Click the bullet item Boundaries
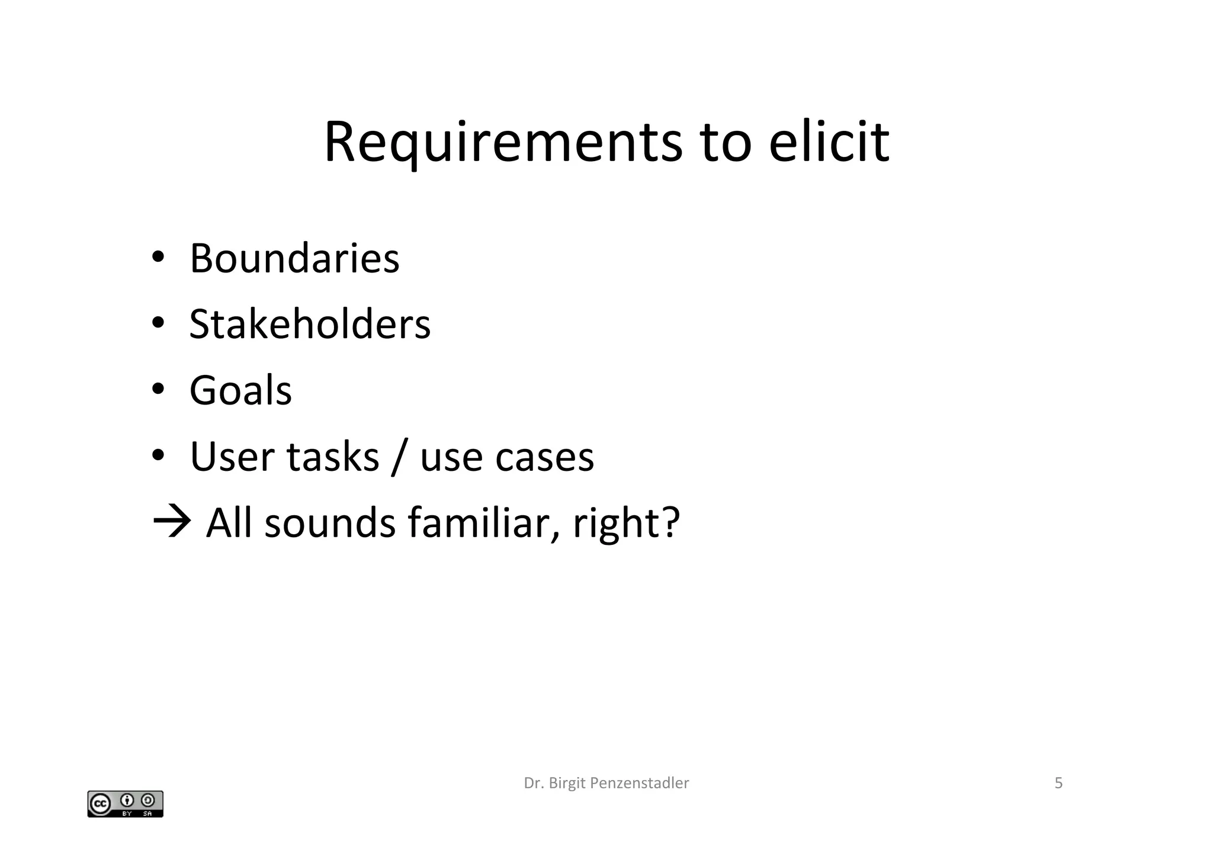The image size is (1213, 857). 294,259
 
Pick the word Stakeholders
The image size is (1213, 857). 310,325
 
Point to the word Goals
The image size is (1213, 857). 240,391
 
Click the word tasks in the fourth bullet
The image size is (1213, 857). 332,457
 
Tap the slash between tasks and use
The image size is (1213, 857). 399,457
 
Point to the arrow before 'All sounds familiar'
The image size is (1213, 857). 172,522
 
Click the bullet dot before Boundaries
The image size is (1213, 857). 158,258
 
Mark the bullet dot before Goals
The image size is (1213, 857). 158,390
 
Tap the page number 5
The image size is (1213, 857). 1058,783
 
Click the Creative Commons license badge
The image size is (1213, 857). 125,804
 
